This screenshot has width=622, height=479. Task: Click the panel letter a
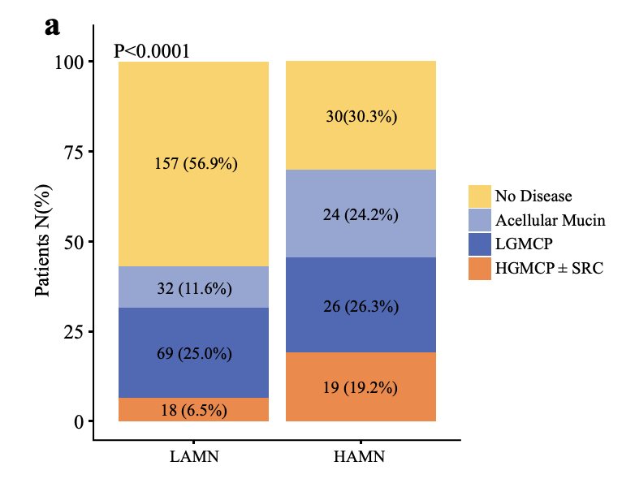pos(53,26)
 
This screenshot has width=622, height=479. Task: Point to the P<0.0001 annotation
pos(152,51)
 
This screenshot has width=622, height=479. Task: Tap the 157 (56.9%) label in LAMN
pos(195,164)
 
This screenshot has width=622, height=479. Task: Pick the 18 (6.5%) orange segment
pos(193,410)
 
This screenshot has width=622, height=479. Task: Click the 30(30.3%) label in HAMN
pos(361,116)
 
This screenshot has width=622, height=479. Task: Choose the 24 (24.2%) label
pos(361,215)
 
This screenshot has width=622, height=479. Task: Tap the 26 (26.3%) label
pos(361,307)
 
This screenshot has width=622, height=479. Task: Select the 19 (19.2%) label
pos(361,387)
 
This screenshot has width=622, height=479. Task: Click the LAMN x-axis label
pos(193,456)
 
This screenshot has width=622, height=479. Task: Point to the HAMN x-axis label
pos(360,456)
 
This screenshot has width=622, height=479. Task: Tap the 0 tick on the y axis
pos(79,421)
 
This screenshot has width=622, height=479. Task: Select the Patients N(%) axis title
pos(43,242)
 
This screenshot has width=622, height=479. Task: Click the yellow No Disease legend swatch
pos(480,196)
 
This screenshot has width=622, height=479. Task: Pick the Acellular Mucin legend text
pos(550,220)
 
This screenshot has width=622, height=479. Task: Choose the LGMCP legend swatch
pos(480,244)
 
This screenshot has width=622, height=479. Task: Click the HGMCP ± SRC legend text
pos(549,268)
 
